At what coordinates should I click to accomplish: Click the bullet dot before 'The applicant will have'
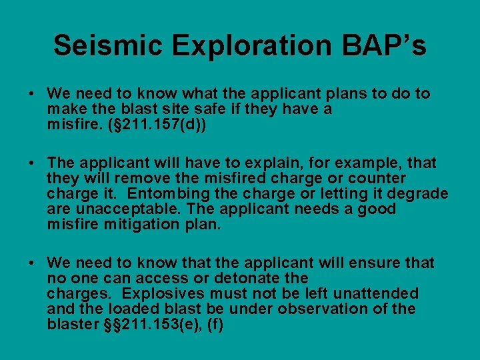tap(33, 163)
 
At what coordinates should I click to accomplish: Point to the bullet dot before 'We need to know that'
tap(33, 263)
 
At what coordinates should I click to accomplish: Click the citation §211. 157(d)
tap(157, 125)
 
